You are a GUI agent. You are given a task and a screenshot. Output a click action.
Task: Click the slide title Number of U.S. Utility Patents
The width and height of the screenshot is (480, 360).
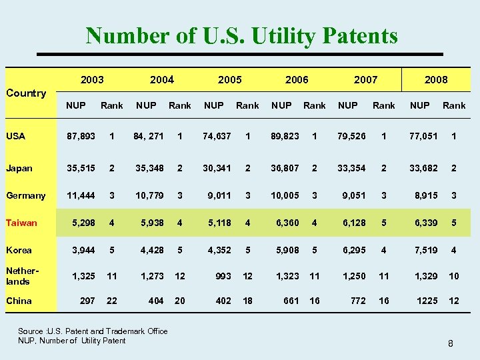pos(241,35)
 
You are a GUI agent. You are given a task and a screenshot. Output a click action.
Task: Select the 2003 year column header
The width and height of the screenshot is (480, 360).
pos(92,80)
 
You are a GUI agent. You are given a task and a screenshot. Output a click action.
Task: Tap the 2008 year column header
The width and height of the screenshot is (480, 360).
pos(436,80)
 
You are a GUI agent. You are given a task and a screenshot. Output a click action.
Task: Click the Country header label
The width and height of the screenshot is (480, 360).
pos(26,93)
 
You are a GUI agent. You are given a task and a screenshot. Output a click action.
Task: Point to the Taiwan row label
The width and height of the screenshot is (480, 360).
pos(21,223)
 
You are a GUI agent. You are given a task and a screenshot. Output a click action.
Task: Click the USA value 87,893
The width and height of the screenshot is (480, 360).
pos(81,136)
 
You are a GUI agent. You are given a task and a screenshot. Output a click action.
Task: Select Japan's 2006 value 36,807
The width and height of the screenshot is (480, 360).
pos(285,168)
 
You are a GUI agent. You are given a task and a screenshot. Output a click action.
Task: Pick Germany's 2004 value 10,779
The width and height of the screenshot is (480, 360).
pos(150,195)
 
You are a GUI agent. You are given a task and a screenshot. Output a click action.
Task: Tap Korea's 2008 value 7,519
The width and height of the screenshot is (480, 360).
pos(426,250)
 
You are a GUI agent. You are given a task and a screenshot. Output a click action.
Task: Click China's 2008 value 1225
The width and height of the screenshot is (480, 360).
pos(427,301)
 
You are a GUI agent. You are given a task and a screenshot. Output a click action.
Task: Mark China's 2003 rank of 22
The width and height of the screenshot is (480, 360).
pos(112,301)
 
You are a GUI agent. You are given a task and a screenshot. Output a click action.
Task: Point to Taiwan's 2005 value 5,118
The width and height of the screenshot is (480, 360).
pos(219,223)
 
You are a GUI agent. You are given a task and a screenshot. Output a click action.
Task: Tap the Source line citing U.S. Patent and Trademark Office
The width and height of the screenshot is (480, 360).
pos(93,331)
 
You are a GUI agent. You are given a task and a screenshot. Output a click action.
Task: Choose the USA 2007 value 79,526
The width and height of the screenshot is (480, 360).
pos(351,136)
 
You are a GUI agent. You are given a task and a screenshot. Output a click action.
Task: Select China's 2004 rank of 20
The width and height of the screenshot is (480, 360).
pos(180,301)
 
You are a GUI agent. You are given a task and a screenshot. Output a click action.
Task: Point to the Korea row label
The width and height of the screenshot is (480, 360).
pos(19,250)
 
